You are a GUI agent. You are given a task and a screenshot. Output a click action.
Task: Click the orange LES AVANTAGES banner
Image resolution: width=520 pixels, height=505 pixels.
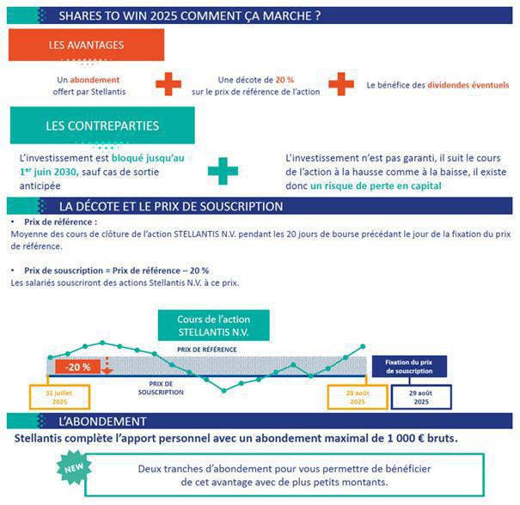[x=86, y=45]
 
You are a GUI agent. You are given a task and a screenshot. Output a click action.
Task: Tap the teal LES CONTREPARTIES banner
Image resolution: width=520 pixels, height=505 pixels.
[x=102, y=126]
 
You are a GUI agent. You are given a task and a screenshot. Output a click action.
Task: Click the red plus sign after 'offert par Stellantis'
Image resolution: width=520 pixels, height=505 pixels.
[x=169, y=84]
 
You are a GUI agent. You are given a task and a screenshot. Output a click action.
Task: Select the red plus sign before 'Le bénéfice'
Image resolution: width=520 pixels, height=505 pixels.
[x=341, y=84]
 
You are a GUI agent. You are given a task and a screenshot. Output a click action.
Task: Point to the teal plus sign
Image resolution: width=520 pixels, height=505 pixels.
[x=223, y=170]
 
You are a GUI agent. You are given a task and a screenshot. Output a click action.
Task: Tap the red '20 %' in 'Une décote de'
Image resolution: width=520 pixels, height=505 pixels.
[x=284, y=79]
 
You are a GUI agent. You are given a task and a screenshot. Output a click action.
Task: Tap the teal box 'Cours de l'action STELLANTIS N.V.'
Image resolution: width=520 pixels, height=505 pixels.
[x=214, y=326]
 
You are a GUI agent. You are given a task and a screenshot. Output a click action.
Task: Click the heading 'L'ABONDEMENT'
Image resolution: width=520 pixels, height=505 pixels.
[x=102, y=422]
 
